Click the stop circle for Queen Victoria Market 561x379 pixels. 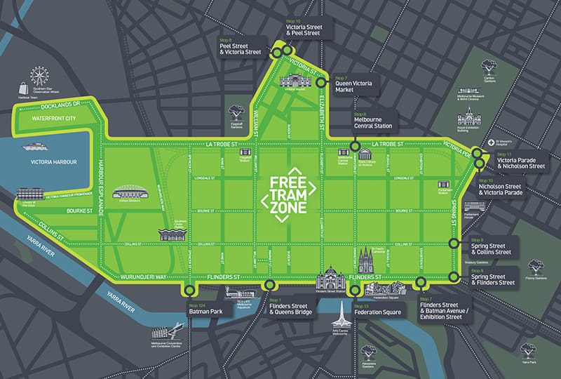[320, 82]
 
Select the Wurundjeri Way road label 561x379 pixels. [140, 277]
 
